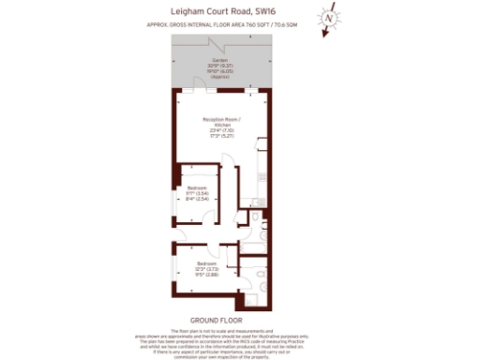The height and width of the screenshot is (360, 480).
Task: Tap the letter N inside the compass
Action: click(329, 18)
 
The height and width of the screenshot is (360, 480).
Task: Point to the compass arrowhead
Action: click(324, 34)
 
